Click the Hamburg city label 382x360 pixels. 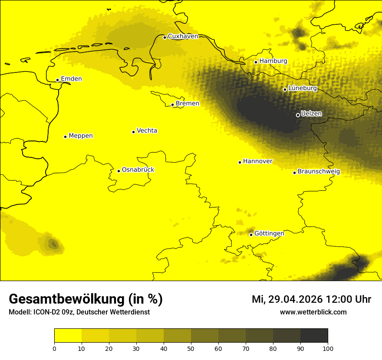pyautogui.click(x=273, y=61)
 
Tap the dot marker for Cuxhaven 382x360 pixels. pyautogui.click(x=165, y=37)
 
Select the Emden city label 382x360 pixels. pyautogui.click(x=71, y=79)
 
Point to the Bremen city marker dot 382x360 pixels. pyautogui.click(x=172, y=105)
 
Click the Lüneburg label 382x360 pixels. pyautogui.click(x=302, y=88)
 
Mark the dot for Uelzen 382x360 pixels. pyautogui.click(x=298, y=115)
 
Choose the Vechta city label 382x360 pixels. pyautogui.click(x=147, y=131)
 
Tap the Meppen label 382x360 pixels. pyautogui.click(x=80, y=136)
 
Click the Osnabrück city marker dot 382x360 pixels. pyautogui.click(x=119, y=171)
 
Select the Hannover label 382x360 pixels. pyautogui.click(x=257, y=161)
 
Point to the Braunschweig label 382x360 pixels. pyautogui.click(x=319, y=172)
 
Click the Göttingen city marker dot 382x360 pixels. pyautogui.click(x=251, y=235)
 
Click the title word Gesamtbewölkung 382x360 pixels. pyautogui.click(x=67, y=299)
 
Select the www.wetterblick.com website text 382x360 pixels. pyautogui.click(x=313, y=312)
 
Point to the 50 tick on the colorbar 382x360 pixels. pyautogui.click(x=191, y=348)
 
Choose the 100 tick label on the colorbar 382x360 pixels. pyautogui.click(x=328, y=348)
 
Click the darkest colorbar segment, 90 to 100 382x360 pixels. pyautogui.click(x=314, y=336)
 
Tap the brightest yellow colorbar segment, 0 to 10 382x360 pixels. pyautogui.click(x=68, y=336)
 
